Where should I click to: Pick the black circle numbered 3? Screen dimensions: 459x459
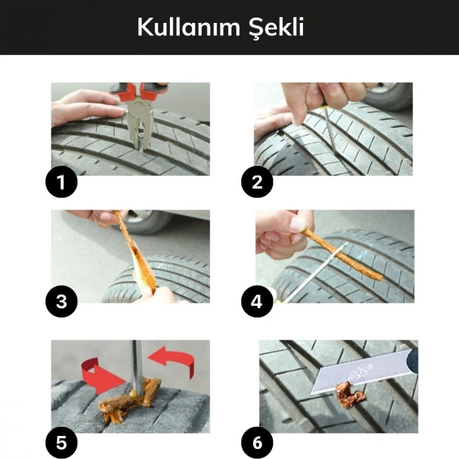pyautogui.click(x=61, y=302)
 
